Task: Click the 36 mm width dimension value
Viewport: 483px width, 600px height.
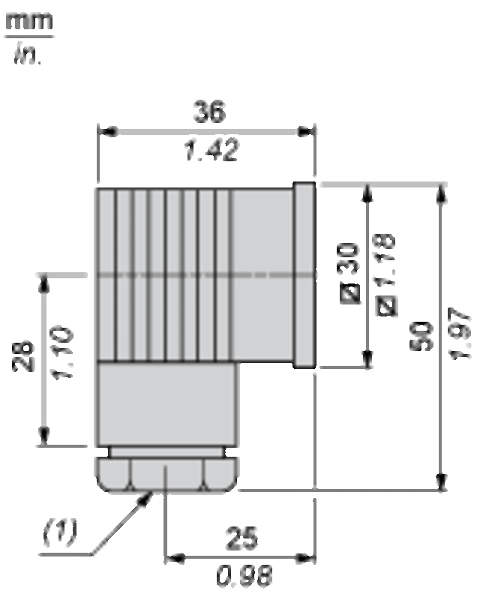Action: [209, 111]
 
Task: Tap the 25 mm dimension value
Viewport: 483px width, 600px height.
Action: [241, 538]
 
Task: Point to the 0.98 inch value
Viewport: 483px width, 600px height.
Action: [244, 575]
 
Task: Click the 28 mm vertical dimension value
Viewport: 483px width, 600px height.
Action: [23, 355]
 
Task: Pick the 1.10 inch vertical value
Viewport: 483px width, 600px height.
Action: [61, 352]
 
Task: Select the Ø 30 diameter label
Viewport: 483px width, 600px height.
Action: [350, 273]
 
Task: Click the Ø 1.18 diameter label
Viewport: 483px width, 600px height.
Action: [386, 274]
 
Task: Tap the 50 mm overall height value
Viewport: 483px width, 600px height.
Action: [421, 336]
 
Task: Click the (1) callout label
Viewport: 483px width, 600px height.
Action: [60, 532]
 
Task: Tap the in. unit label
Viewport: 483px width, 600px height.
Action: [28, 54]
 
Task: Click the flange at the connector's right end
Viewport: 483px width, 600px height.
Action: [304, 275]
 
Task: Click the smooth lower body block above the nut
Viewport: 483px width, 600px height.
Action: [166, 403]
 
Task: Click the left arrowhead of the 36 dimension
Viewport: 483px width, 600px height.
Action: [107, 132]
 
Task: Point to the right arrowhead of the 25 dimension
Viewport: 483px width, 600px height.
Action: [307, 558]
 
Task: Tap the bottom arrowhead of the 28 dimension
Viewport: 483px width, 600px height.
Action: [45, 436]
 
